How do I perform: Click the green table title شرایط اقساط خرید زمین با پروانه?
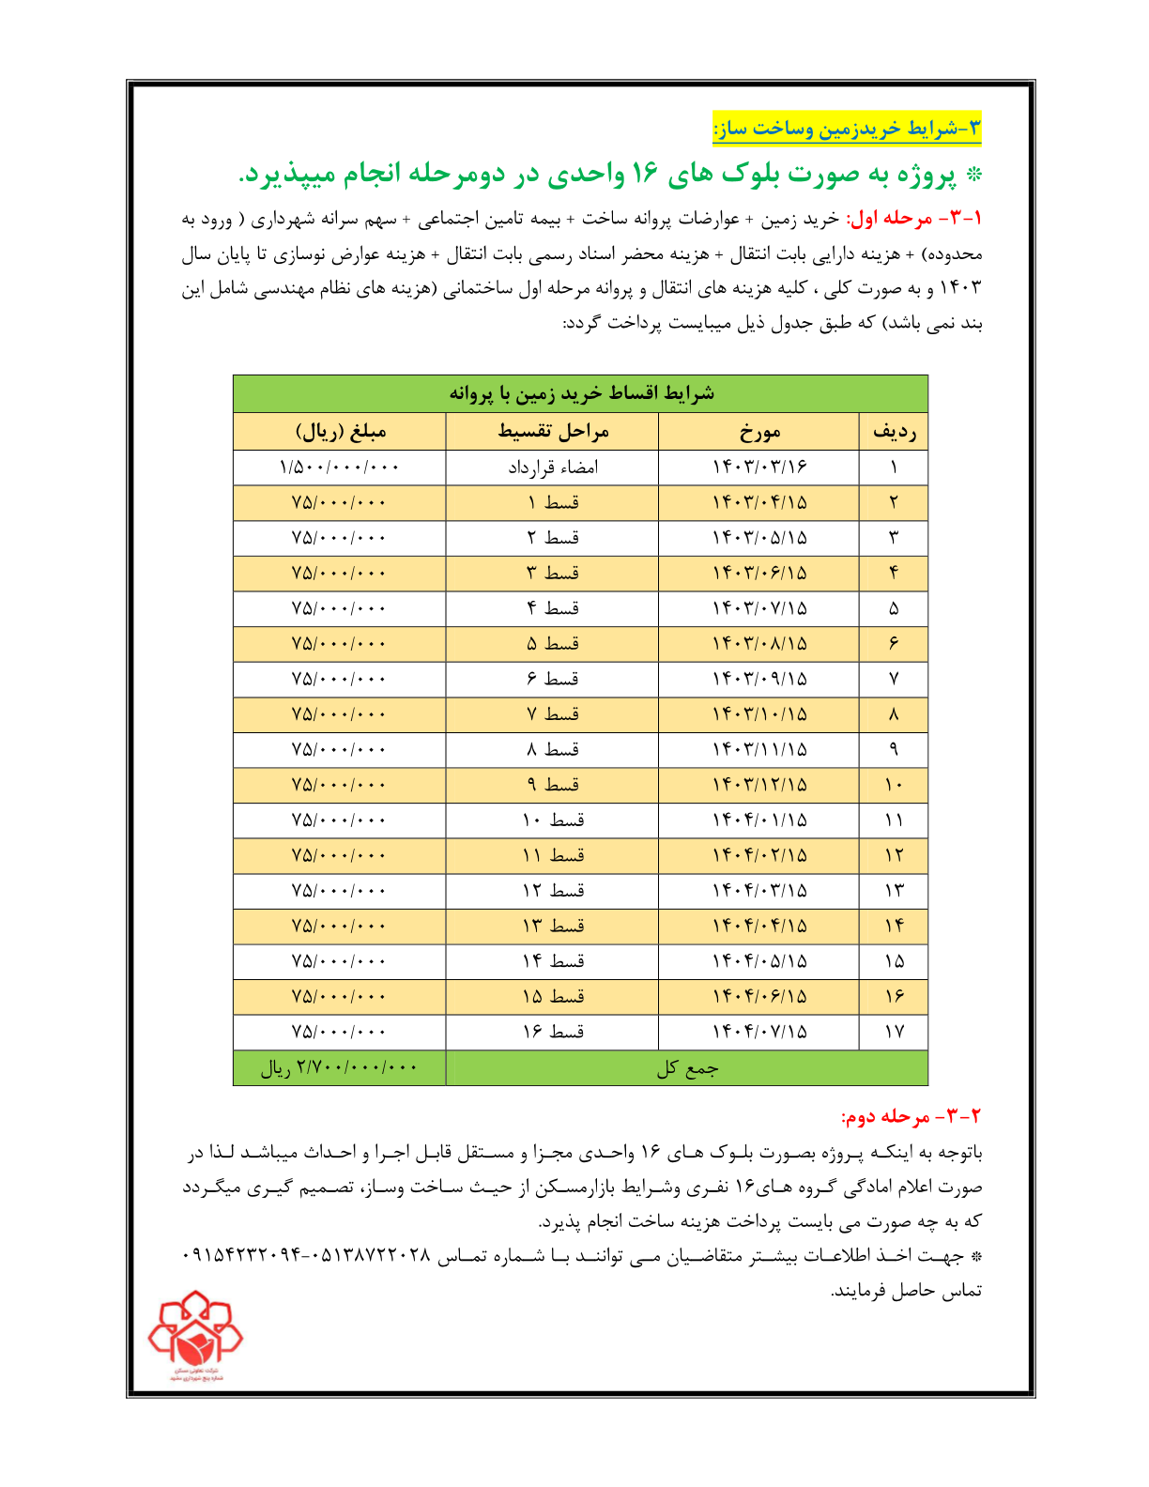(581, 392)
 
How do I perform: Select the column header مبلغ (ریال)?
(341, 432)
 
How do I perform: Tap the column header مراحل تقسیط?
(553, 432)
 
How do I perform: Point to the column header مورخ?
(758, 432)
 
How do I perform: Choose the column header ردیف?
(894, 432)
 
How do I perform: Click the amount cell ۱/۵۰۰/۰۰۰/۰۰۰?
(339, 468)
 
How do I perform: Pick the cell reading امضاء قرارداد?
(553, 468)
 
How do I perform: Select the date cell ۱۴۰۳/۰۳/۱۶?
(758, 468)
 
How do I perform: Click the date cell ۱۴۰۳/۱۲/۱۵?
(758, 785)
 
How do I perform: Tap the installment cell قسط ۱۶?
(553, 1032)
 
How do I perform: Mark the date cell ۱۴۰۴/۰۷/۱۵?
(758, 1032)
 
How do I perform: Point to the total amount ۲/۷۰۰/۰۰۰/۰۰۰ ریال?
(339, 1068)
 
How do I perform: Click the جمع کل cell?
(687, 1068)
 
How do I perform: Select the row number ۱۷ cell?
(894, 1032)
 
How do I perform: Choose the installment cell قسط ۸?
(553, 749)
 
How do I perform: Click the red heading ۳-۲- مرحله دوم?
(911, 1116)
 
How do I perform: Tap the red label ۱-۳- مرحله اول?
(913, 219)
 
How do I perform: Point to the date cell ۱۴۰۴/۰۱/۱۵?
(758, 820)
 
